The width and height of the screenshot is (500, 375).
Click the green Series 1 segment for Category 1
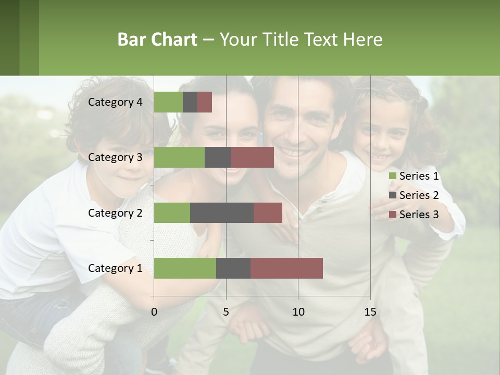185,268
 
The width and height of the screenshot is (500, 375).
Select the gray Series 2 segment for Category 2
222,213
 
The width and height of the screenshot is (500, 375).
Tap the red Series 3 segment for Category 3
252,157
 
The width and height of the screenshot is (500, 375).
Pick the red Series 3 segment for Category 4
205,102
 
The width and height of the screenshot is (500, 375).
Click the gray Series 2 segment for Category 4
190,102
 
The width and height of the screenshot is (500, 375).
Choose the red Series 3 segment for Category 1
286,268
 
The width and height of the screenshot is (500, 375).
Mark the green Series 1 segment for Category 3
179,157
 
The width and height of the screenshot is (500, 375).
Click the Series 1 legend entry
414,176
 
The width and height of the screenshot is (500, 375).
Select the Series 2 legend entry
414,195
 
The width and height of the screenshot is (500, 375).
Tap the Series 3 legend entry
414,215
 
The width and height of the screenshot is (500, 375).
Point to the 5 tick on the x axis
226,312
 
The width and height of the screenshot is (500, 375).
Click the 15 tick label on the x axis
370,312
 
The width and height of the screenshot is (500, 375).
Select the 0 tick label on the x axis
154,312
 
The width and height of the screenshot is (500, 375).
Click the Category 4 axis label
115,102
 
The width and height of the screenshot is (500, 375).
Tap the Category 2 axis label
115,213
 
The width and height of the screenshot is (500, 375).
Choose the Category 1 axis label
115,268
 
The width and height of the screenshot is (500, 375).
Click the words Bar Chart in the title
157,40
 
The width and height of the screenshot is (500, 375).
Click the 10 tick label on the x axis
298,312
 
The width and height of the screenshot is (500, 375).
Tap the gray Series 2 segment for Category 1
233,268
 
